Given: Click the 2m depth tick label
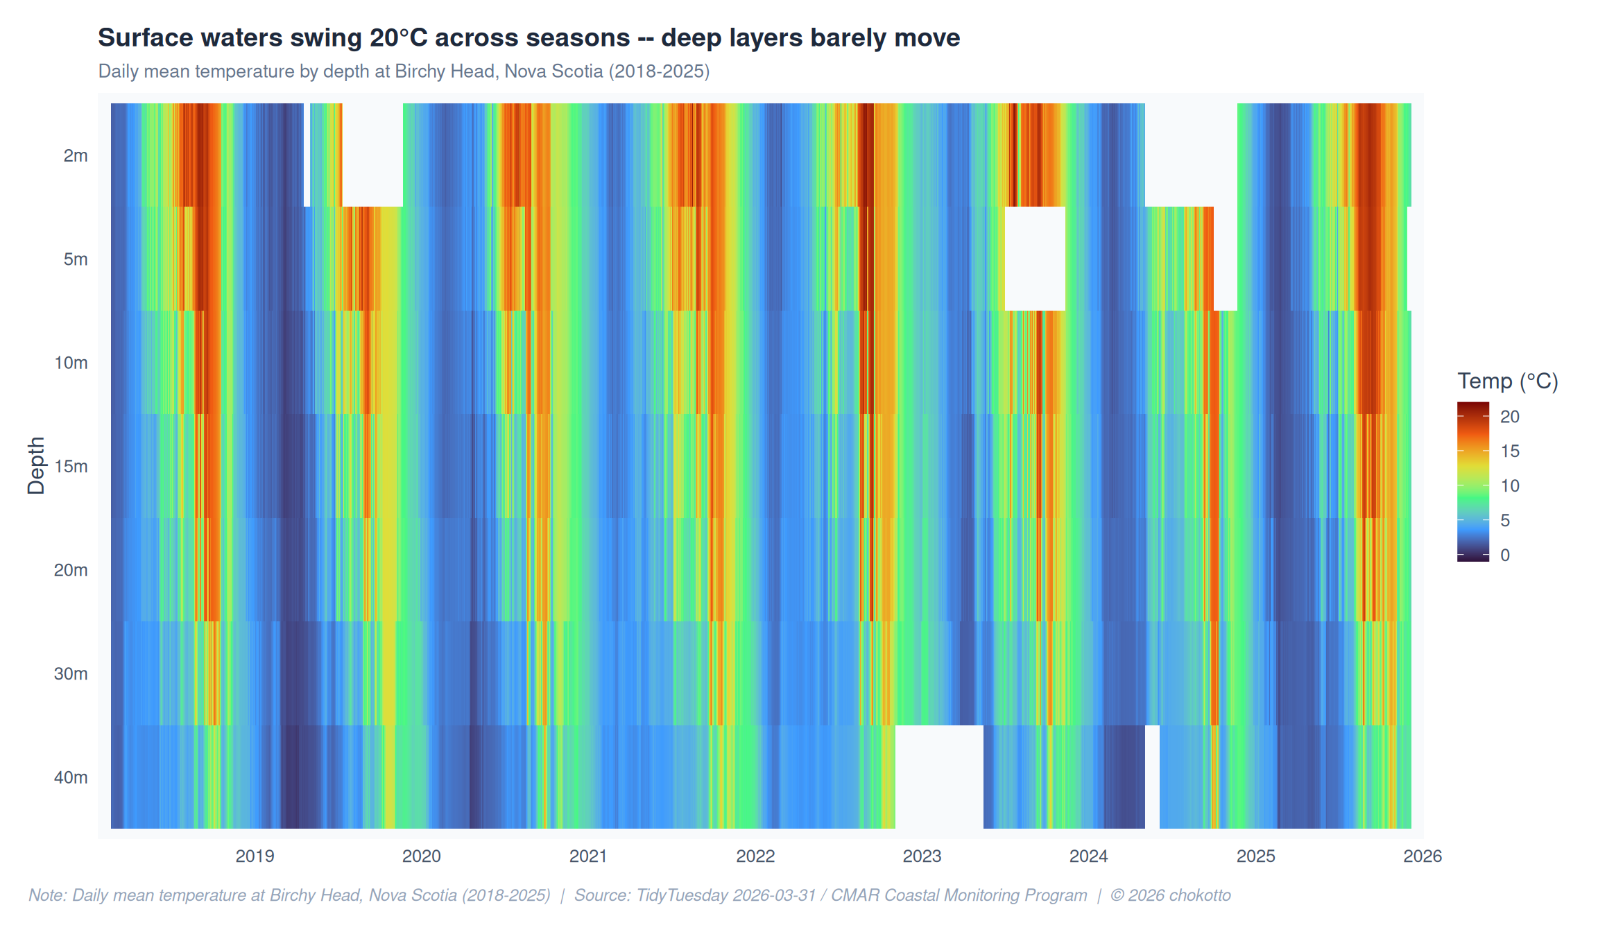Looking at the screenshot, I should pyautogui.click(x=76, y=155).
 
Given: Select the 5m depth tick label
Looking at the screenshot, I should pyautogui.click(x=76, y=259).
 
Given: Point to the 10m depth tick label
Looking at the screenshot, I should pyautogui.click(x=71, y=363).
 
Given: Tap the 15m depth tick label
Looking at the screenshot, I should pyautogui.click(x=71, y=466).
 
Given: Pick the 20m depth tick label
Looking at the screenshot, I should pyautogui.click(x=71, y=570).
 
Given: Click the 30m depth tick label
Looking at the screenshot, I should pyautogui.click(x=71, y=673).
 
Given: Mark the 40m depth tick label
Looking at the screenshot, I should pyautogui.click(x=71, y=777).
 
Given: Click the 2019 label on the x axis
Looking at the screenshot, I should pyautogui.click(x=255, y=856).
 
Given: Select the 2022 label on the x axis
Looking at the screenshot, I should pyautogui.click(x=755, y=856).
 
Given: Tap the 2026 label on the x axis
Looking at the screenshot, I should pyautogui.click(x=1423, y=856).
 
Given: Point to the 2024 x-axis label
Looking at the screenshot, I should pyautogui.click(x=1088, y=856).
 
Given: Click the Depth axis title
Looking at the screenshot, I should pyautogui.click(x=36, y=465).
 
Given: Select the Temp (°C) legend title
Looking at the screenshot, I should pyautogui.click(x=1508, y=381).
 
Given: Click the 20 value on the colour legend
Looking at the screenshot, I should pyautogui.click(x=1510, y=417).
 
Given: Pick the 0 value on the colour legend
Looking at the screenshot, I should pyautogui.click(x=1505, y=555).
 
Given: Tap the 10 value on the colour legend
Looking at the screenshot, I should pyautogui.click(x=1510, y=485).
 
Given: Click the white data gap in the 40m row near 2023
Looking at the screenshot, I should pyautogui.click(x=939, y=777).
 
